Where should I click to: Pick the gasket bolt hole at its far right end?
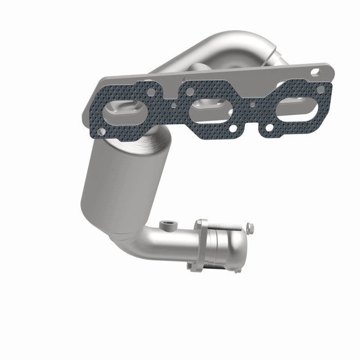pyautogui.click(x=320, y=90)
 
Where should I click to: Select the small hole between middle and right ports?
pyautogui.click(x=253, y=104)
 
